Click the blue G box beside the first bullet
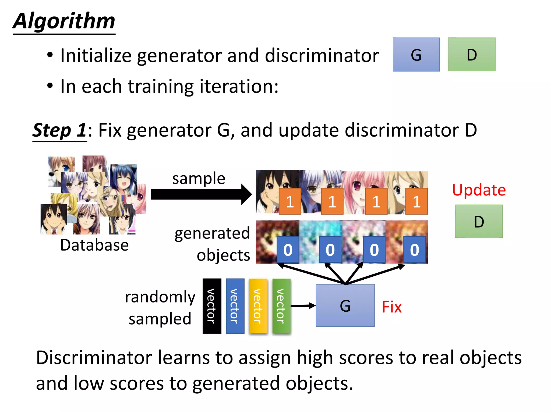coord(416,55)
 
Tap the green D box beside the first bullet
coord(471,55)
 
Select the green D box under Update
coord(479,221)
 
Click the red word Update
coord(479,190)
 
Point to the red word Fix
coord(391,307)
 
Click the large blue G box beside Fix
coord(345,305)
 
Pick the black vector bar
coord(212,306)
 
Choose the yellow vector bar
coord(258,306)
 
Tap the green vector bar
coord(281,306)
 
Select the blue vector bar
coord(235,306)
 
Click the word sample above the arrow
coord(199,178)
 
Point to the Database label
coord(94,245)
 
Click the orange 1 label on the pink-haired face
coord(376,201)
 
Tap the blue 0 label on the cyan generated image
coord(330,250)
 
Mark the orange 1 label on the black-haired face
coord(290,201)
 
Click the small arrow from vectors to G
coord(303,306)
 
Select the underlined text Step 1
coord(59,130)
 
